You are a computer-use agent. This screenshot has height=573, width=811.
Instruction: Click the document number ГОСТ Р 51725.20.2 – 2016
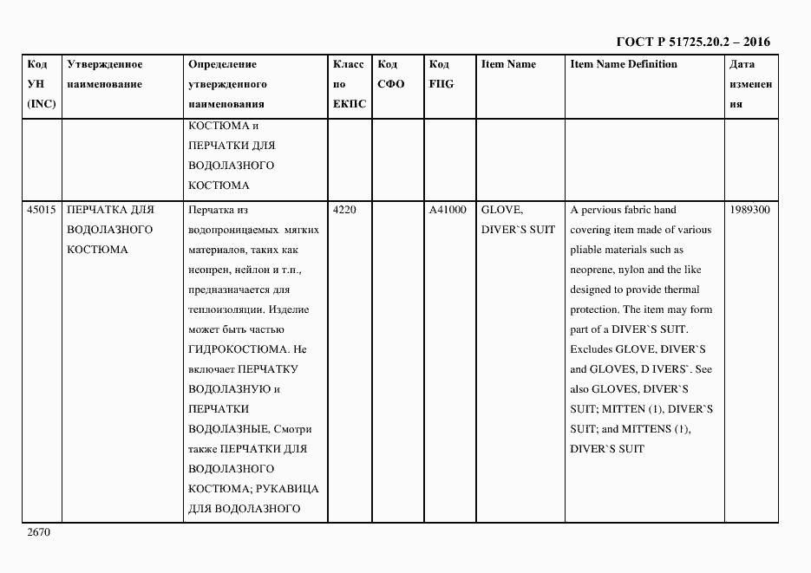coord(692,42)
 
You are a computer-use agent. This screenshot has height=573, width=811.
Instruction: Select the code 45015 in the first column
coord(41,210)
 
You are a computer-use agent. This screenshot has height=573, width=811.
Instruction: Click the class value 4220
coord(344,210)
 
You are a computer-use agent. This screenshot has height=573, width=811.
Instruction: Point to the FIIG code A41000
coord(448,210)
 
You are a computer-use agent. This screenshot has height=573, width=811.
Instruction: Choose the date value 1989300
coord(749,210)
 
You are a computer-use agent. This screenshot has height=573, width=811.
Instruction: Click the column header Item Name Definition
coord(624,64)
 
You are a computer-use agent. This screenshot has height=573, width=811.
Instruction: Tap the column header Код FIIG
coord(441,75)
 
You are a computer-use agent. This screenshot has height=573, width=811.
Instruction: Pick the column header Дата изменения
coord(749,84)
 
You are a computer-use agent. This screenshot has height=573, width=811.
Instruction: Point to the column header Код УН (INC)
coord(41,84)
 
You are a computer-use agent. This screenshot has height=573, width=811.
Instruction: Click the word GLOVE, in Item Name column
coord(501,210)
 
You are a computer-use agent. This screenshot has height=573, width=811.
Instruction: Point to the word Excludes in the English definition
coord(591,349)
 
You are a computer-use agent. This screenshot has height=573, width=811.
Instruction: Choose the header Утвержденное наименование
coord(105,75)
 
